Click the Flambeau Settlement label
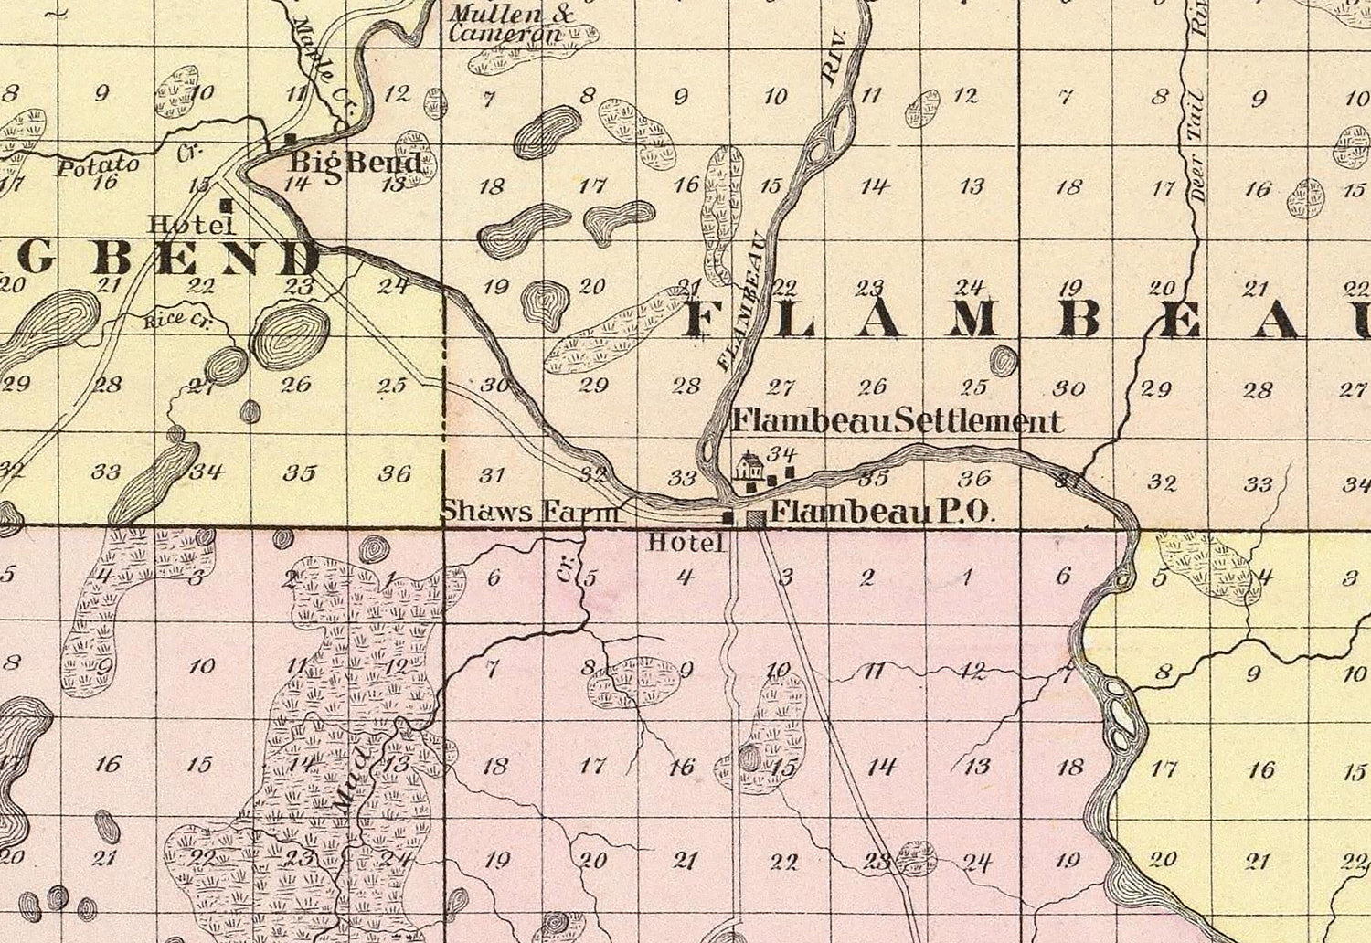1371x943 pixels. (x=898, y=421)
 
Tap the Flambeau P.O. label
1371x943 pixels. (x=882, y=512)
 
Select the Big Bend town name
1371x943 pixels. (x=356, y=163)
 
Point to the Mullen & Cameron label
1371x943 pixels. (x=507, y=25)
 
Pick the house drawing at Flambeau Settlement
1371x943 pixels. (x=749, y=466)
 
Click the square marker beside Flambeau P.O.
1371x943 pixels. (x=755, y=519)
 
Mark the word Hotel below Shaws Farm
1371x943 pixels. (x=685, y=543)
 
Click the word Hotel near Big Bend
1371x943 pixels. (x=180, y=223)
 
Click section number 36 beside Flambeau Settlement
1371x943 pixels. (x=974, y=477)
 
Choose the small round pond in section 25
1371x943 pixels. (x=1003, y=361)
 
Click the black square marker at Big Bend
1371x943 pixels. (x=291, y=140)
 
